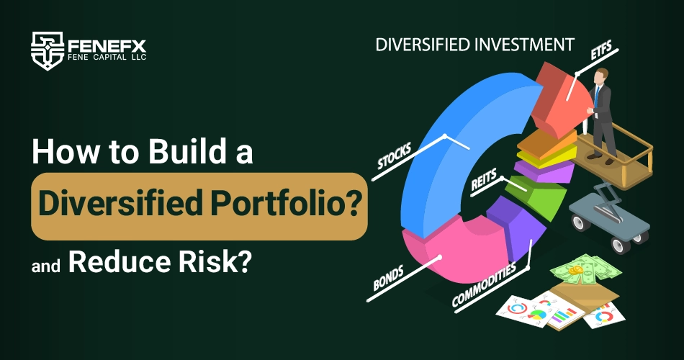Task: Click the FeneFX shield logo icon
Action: point(48,50)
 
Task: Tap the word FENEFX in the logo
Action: point(107,46)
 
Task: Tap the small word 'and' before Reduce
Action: point(46,265)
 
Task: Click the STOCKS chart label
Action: point(394,156)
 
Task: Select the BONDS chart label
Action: point(388,279)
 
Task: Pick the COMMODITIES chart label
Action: point(484,284)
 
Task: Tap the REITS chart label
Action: point(483,181)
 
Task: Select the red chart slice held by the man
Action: point(559,100)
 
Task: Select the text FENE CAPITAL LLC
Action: point(107,57)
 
